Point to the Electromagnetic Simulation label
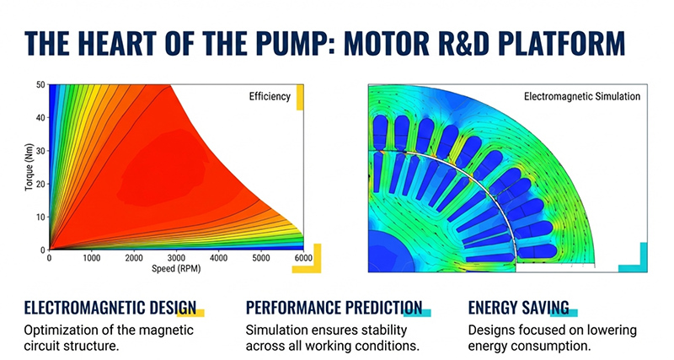click(581, 96)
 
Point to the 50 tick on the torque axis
click(39, 85)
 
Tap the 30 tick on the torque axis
click(39, 151)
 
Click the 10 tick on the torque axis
click(39, 218)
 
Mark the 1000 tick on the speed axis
click(91, 258)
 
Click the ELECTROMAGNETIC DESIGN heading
click(110, 307)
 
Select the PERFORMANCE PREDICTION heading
click(334, 307)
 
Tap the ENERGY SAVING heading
click(518, 307)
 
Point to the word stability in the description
click(361, 330)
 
